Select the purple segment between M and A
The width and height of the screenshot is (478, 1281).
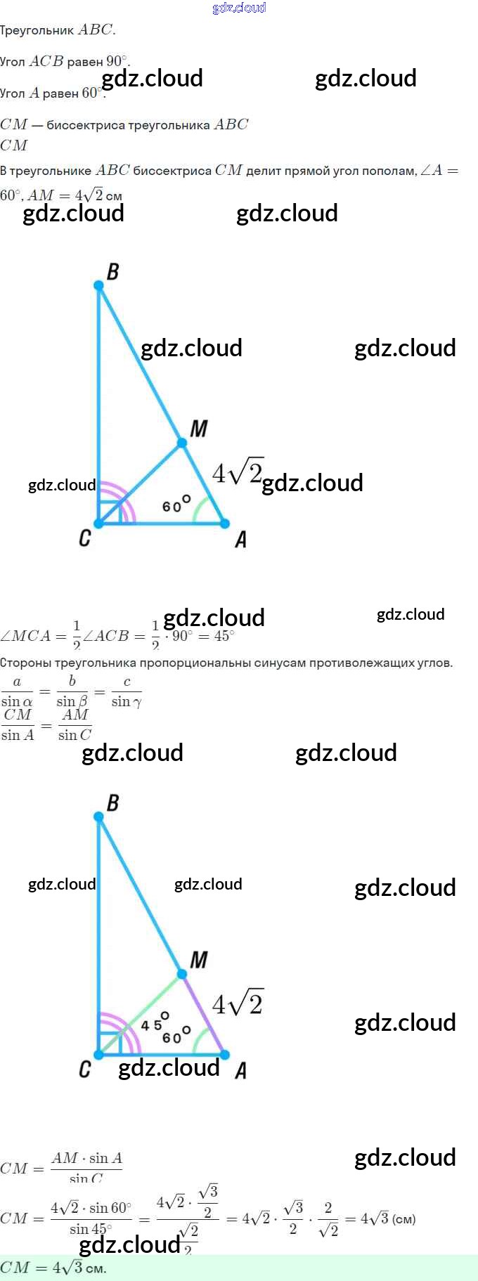tap(204, 1015)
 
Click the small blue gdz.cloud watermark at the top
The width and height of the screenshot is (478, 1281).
tap(239, 8)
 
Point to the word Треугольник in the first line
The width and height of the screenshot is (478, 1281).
tap(37, 30)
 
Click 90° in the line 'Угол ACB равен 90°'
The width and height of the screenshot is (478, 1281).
tap(117, 61)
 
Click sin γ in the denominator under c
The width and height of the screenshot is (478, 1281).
tap(127, 701)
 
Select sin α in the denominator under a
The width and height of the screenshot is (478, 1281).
tap(17, 701)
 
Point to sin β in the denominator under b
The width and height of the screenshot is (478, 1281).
tap(72, 701)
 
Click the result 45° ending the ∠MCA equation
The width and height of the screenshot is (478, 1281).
tap(224, 636)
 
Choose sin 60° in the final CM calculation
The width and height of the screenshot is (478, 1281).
tap(110, 1208)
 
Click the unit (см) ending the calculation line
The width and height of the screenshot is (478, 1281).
tap(404, 1218)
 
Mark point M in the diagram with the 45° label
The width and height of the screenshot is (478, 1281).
tap(182, 974)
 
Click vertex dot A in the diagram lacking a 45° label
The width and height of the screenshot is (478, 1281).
tap(225, 524)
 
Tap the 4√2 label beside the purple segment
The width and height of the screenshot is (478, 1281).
tap(238, 1004)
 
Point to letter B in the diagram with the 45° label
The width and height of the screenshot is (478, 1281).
tap(112, 802)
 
